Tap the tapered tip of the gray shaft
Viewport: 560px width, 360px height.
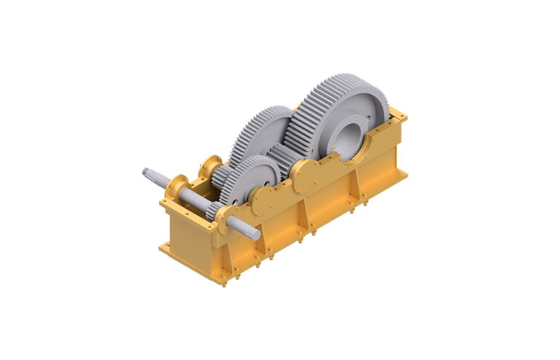(x=149, y=173)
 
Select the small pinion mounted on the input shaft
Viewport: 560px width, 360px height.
(x=214, y=211)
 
